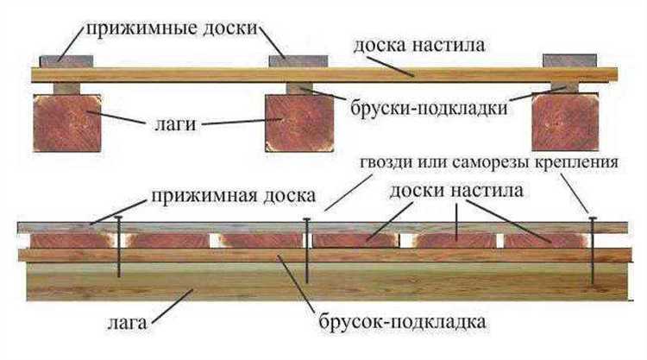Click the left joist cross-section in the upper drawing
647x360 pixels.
pyautogui.click(x=66, y=122)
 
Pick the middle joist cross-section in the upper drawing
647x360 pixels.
pyautogui.click(x=298, y=122)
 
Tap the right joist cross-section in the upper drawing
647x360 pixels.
pyautogui.click(x=564, y=122)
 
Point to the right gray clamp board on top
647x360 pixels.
pyautogui.click(x=568, y=60)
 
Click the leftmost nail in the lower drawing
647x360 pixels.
pyautogui.click(x=119, y=249)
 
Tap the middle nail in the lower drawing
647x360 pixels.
pyautogui.click(x=307, y=250)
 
